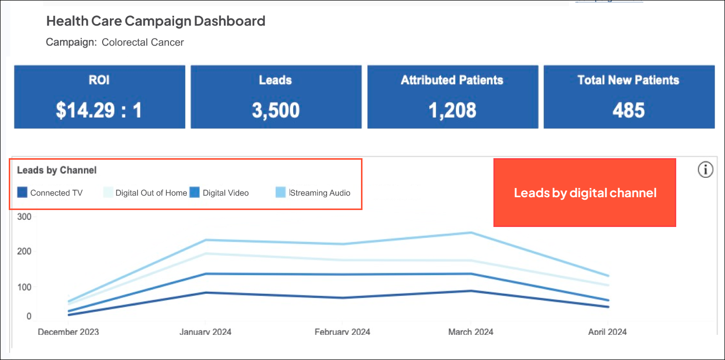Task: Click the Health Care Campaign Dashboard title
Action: tap(156, 21)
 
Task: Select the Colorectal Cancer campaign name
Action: tap(143, 42)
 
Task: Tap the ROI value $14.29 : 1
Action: tap(99, 110)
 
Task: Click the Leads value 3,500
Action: tap(276, 110)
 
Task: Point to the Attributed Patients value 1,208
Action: tap(452, 110)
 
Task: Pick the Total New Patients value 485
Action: tap(628, 110)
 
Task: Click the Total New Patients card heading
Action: tap(628, 80)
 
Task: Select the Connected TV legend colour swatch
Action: tap(22, 193)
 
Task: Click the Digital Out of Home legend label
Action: tap(151, 193)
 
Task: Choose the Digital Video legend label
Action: tap(225, 193)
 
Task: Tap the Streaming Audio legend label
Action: tap(320, 193)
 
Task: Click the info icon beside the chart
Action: tap(705, 169)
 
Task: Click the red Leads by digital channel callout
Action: tap(585, 193)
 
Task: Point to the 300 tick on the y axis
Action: tap(25, 217)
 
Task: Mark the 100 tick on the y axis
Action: tap(25, 287)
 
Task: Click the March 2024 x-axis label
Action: tap(471, 332)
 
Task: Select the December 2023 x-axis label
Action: tap(68, 332)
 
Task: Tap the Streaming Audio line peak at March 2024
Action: tap(471, 233)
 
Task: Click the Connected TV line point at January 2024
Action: tap(205, 293)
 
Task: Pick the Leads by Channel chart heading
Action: tap(57, 170)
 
